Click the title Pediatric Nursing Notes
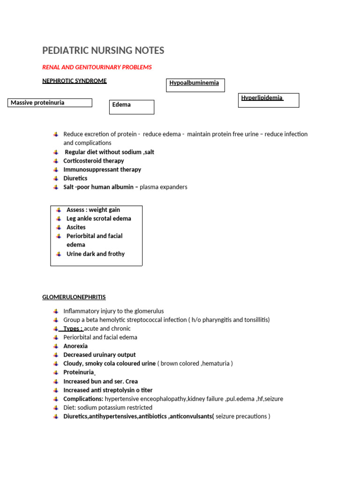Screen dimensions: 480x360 (103, 51)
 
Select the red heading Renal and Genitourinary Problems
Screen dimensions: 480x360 (97, 67)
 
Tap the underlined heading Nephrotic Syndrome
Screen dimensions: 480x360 (75, 81)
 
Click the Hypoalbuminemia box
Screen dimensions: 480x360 (195, 85)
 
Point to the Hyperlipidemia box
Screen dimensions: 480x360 (268, 100)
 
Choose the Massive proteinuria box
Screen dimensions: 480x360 (50, 103)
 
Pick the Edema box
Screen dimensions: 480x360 (132, 106)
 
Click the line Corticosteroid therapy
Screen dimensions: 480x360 (94, 161)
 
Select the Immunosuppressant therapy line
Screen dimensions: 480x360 (102, 170)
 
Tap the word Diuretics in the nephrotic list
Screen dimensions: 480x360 (75, 179)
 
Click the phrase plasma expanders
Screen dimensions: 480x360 (164, 187)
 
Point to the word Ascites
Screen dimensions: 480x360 (76, 227)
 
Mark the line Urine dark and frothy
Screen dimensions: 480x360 (96, 254)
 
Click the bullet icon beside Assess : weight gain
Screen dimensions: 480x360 (59, 210)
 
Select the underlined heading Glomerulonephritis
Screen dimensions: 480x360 (74, 297)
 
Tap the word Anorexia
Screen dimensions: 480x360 (75, 346)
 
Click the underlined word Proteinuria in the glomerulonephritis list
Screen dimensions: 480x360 (79, 373)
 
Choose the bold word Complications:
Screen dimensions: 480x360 (83, 399)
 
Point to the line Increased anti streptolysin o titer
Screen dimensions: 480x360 (108, 390)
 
